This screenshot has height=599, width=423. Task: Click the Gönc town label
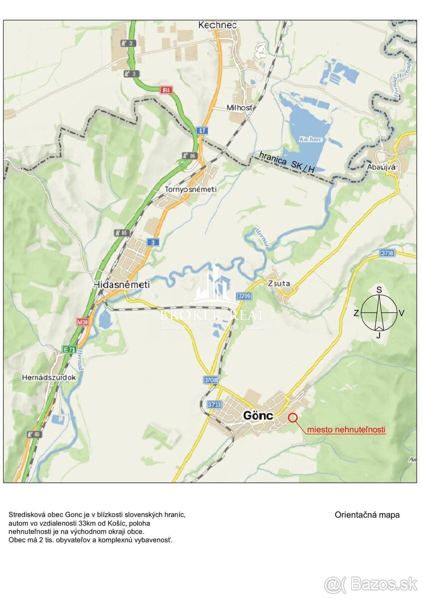coord(257,415)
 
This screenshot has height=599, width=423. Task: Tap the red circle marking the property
coord(292,417)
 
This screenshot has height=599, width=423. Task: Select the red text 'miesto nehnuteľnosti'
coord(346,429)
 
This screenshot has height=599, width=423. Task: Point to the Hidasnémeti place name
coord(121,284)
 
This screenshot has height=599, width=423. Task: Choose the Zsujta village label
coord(278,284)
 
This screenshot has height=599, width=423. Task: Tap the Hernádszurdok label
coord(49,377)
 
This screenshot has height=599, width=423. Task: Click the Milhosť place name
coord(240,108)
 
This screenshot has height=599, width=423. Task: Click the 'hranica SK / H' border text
coord(287,163)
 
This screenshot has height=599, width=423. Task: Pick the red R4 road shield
coord(166,90)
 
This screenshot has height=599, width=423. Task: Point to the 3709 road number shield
coord(245,296)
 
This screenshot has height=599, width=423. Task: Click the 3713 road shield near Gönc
coord(214,404)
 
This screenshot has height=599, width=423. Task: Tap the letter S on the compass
coord(379,290)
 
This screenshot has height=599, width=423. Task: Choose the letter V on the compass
coord(402,313)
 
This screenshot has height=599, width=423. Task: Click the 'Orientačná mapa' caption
coord(367,515)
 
